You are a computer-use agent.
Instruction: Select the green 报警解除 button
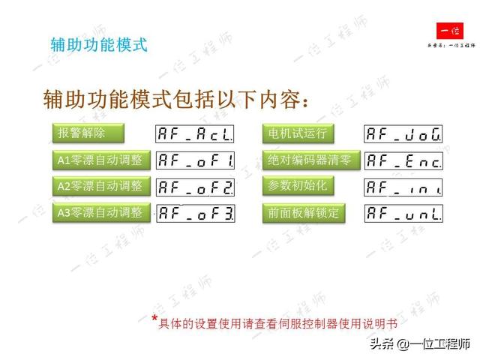click(x=87, y=133)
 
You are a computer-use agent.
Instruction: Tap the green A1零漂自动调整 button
click(x=100, y=160)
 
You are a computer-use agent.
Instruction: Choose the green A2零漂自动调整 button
click(x=100, y=185)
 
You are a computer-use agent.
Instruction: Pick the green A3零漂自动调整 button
click(x=100, y=212)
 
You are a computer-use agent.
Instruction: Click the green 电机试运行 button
click(x=298, y=133)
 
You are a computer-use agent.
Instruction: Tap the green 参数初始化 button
click(x=298, y=185)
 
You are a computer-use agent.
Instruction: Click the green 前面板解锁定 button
click(x=304, y=213)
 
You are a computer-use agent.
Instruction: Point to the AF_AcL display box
click(x=195, y=134)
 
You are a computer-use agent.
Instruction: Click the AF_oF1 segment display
click(x=195, y=160)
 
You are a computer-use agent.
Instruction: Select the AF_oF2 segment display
click(x=195, y=186)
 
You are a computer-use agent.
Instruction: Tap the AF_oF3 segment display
click(x=195, y=213)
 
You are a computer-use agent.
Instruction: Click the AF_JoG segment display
click(x=403, y=134)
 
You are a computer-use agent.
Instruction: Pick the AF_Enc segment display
click(x=403, y=160)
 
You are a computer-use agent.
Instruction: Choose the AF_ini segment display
click(x=403, y=186)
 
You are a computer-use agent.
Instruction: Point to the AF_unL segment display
click(x=403, y=213)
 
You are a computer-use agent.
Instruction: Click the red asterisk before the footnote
click(x=154, y=319)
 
